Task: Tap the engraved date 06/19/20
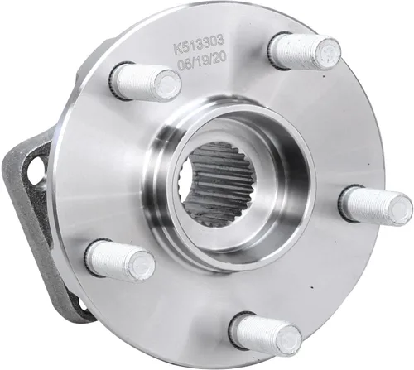202,62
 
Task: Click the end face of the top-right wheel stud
328,51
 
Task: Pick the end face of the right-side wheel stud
400,208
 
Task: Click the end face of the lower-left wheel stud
142,267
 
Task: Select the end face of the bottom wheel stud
289,339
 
